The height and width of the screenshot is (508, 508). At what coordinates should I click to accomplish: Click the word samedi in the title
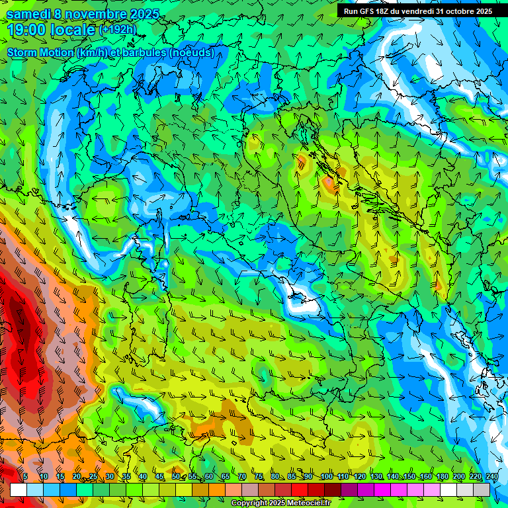27,14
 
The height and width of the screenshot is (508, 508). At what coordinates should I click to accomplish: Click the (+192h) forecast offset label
118,30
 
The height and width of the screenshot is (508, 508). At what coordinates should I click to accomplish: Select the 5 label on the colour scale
25,476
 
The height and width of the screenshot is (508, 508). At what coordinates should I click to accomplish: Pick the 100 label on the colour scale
326,476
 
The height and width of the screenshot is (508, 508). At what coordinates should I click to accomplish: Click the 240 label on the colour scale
492,476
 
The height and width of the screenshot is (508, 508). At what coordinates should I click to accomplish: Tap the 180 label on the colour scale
442,476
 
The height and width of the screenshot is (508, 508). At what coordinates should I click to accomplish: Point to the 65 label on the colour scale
226,476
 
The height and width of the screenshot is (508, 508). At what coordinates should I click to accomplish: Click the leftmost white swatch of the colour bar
19,489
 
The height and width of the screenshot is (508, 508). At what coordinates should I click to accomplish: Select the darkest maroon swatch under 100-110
333,489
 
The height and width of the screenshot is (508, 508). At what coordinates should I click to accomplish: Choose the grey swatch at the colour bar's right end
482,489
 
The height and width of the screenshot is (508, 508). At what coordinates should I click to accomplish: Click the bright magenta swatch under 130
383,489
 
